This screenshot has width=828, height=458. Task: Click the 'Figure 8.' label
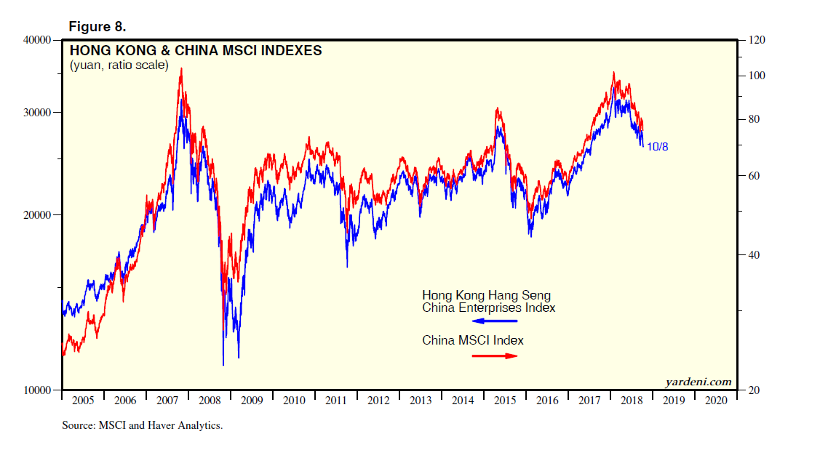point(97,27)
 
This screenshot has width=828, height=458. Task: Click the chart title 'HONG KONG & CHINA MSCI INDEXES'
point(196,51)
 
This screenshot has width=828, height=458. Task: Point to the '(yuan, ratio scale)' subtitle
point(119,65)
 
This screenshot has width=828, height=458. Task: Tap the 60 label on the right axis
point(753,176)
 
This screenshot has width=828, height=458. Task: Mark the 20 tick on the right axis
point(753,390)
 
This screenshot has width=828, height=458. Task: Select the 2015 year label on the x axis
point(505,401)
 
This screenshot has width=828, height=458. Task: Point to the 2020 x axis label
point(716,401)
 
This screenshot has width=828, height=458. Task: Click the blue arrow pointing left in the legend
point(495,321)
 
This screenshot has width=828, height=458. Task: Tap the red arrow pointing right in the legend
point(495,355)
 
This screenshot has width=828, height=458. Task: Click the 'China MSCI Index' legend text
point(473,340)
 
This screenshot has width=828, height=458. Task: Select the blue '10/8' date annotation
point(657,147)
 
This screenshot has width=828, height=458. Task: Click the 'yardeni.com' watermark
point(698,382)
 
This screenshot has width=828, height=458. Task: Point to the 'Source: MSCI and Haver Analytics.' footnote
point(142,426)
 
